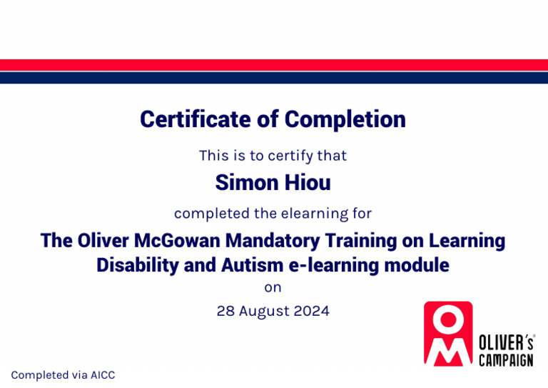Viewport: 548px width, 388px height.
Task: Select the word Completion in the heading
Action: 345,119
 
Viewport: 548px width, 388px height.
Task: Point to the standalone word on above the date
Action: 273,287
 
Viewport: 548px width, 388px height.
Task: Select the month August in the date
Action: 264,312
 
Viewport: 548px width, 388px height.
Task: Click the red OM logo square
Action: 448,333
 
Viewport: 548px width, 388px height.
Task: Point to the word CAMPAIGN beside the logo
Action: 505,360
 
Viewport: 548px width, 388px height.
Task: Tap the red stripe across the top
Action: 274,65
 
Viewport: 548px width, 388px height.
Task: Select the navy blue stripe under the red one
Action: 274,78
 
